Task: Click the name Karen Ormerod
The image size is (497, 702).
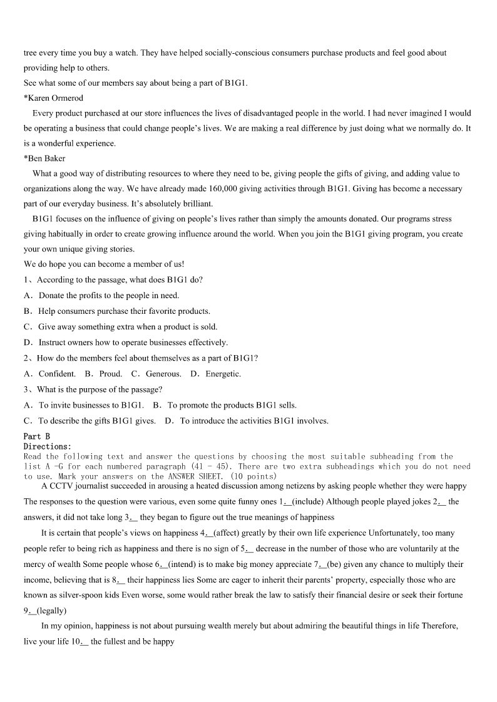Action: click(55, 98)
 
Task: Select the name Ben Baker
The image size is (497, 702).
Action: click(46, 158)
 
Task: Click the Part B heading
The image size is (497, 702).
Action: click(36, 436)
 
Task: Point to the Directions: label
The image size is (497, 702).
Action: click(48, 446)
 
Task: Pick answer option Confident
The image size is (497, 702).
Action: click(56, 374)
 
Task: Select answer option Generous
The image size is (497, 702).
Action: click(163, 374)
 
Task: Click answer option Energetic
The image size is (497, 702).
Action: click(223, 374)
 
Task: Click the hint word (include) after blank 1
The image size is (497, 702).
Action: click(308, 501)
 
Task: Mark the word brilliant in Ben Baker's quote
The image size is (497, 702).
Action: click(196, 204)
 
